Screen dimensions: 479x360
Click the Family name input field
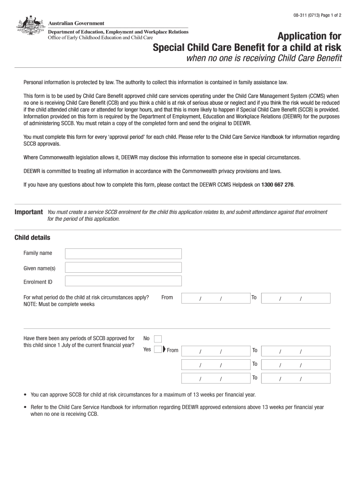click(x=123, y=254)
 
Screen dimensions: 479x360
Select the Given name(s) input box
click(x=123, y=268)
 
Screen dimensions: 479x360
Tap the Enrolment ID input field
click(x=123, y=281)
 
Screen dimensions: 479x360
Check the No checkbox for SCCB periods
click(x=158, y=339)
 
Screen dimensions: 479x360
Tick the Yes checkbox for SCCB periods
click(x=158, y=349)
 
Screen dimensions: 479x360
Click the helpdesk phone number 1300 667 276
click(x=277, y=185)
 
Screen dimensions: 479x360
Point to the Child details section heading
click(x=32, y=238)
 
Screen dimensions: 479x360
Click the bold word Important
click(x=29, y=212)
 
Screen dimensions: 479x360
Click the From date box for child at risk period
click(x=215, y=298)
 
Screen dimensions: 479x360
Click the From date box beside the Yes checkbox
click(x=215, y=351)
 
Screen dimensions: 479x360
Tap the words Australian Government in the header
click(x=76, y=23)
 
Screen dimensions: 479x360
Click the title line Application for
click(x=309, y=36)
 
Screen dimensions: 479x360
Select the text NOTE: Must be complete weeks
click(x=59, y=304)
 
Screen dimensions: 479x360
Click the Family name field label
click(x=38, y=253)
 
